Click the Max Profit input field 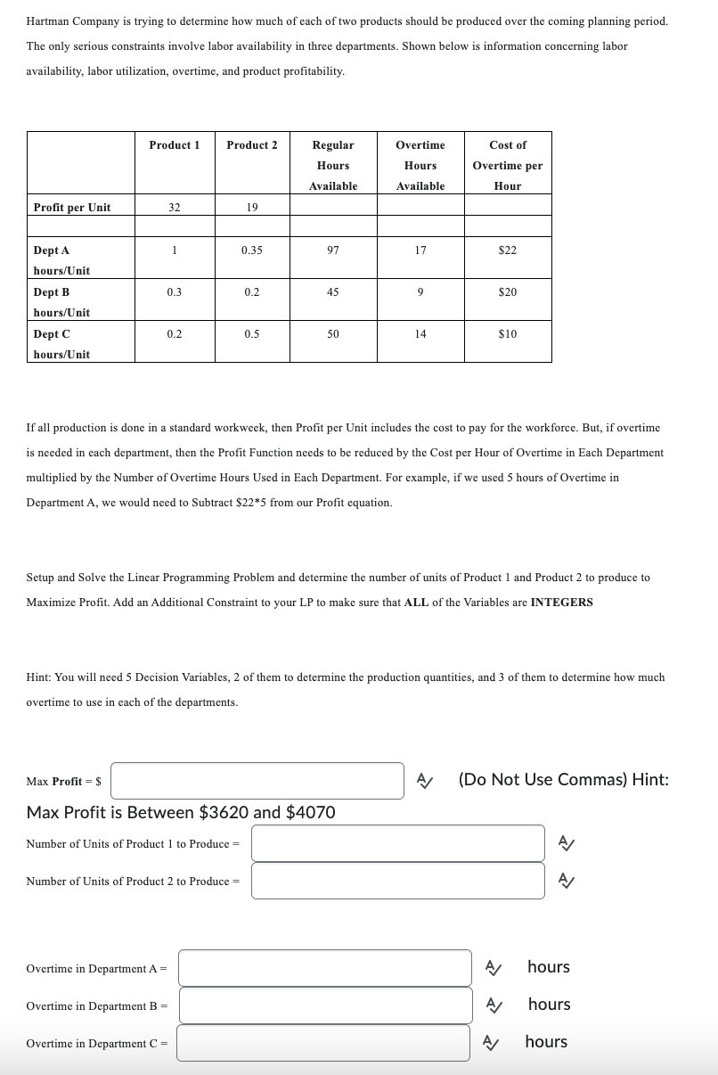257,781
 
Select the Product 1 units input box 397,843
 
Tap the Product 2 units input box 397,881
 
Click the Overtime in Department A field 324,968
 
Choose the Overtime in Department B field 324,1005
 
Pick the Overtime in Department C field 322,1043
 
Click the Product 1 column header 175,144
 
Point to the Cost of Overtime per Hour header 508,165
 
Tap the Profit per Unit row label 72,208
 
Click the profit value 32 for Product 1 175,208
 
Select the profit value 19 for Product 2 252,208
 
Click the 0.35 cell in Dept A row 252,250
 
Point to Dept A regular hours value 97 333,250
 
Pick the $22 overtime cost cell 508,250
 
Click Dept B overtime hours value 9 420,292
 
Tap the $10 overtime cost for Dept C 508,334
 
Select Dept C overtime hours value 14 420,334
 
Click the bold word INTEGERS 561,603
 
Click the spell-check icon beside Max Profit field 426,781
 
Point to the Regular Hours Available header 333,165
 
